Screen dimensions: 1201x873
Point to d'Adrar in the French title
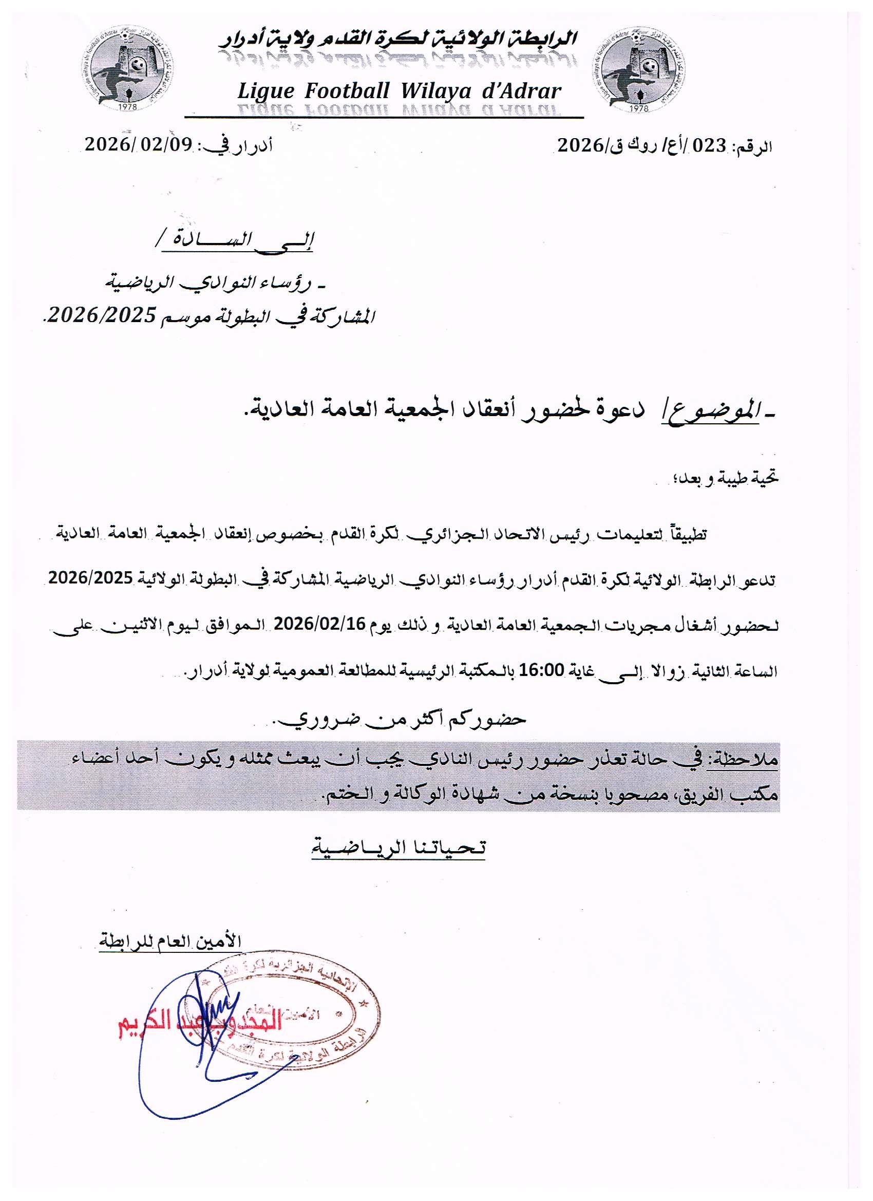[521, 91]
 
